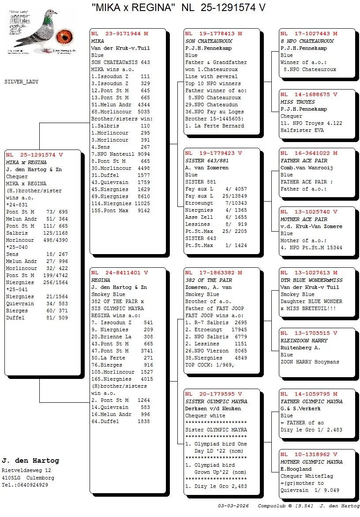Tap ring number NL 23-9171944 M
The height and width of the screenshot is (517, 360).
coord(120,34)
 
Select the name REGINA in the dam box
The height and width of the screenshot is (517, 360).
coord(101,280)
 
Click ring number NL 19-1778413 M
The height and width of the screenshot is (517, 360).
coord(214,34)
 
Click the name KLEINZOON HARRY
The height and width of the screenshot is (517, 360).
coord(304,341)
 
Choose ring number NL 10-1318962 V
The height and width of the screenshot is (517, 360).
coord(309,454)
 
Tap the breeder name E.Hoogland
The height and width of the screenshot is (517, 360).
coord(296,469)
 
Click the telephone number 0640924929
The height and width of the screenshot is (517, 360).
coord(30,485)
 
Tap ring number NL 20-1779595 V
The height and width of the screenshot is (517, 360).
coord(214,394)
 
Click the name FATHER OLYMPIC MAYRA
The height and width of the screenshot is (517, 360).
coord(311,401)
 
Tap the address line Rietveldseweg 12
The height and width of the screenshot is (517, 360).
coord(26,471)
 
